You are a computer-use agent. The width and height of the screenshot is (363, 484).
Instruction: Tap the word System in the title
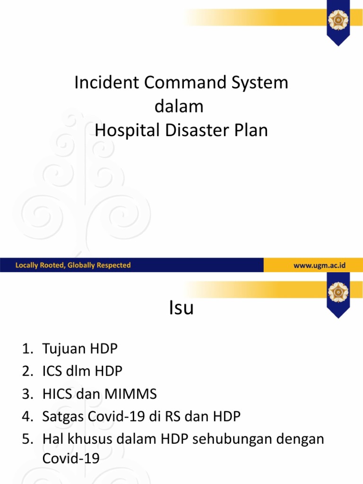pyautogui.click(x=257, y=83)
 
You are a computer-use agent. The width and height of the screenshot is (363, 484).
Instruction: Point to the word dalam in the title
pyautogui.click(x=179, y=106)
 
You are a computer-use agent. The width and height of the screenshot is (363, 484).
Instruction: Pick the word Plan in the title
pyautogui.click(x=251, y=130)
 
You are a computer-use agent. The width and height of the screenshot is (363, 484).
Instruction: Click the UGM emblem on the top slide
pyautogui.click(x=338, y=20)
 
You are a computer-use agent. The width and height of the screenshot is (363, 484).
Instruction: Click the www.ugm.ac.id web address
pyautogui.click(x=320, y=265)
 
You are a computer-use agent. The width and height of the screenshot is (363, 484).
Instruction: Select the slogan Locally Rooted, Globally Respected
pyautogui.click(x=73, y=265)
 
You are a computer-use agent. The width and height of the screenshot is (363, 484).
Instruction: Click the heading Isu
pyautogui.click(x=181, y=308)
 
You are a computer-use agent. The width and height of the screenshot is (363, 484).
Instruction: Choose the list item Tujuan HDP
pyautogui.click(x=80, y=349)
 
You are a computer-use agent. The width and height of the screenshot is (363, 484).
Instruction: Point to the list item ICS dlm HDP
pyautogui.click(x=82, y=372)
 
